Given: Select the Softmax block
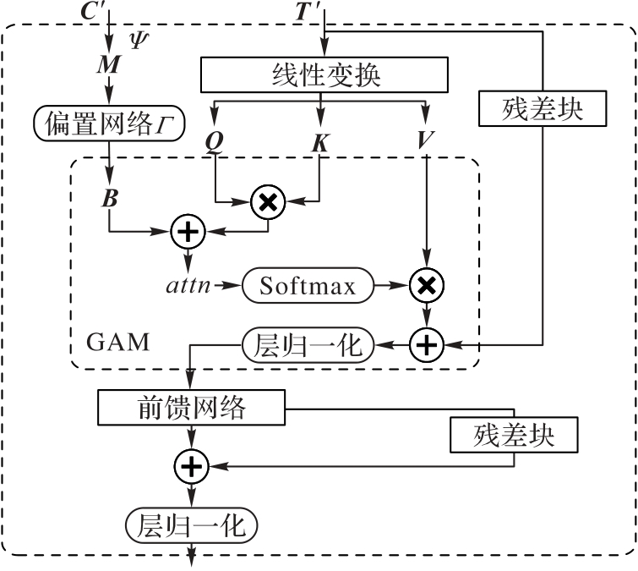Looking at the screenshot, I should (309, 286).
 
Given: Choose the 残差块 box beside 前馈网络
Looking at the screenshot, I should (514, 436).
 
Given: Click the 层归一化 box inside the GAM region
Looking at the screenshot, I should (308, 344).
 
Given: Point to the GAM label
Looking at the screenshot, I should (117, 343).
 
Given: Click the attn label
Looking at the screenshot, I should (190, 287).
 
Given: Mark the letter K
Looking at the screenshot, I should (319, 143).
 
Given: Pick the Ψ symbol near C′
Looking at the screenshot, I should (139, 39).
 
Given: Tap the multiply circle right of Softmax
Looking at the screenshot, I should (426, 287).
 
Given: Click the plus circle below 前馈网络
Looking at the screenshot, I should (192, 464).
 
